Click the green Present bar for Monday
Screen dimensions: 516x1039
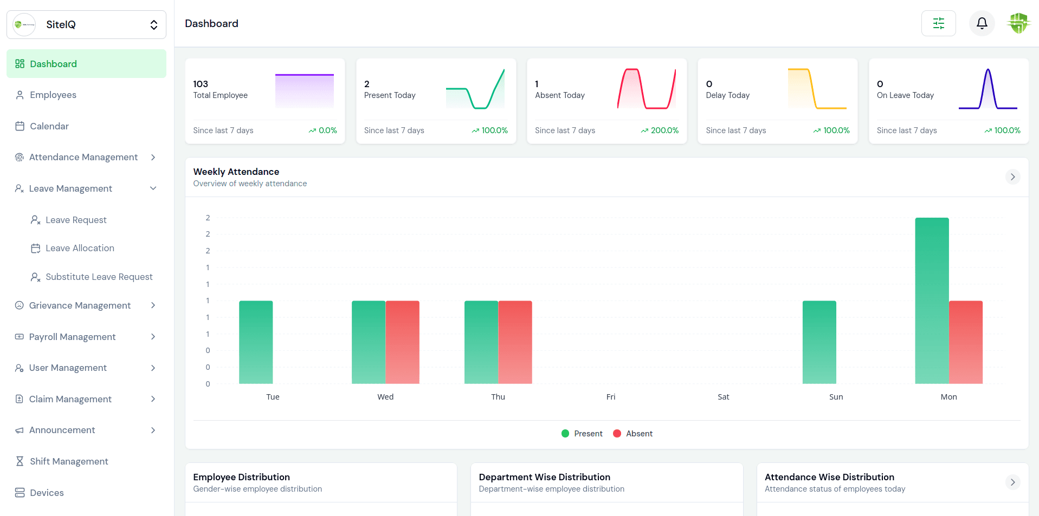pyautogui.click(x=932, y=301)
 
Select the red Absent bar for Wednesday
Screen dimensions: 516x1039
pyautogui.click(x=402, y=342)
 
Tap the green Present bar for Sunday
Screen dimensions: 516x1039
pyautogui.click(x=819, y=342)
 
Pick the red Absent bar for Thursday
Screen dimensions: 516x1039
pyautogui.click(x=515, y=342)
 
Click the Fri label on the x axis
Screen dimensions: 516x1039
pyautogui.click(x=611, y=397)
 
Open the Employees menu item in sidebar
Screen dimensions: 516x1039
pyautogui.click(x=53, y=95)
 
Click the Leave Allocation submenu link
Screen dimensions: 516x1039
pyautogui.click(x=80, y=249)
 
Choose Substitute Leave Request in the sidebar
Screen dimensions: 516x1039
pyautogui.click(x=99, y=277)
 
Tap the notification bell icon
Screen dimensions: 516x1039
pyautogui.click(x=982, y=23)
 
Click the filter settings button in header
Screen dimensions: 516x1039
pyautogui.click(x=938, y=23)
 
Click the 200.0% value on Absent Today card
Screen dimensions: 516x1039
pyautogui.click(x=664, y=130)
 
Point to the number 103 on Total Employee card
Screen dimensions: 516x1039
pyautogui.click(x=201, y=84)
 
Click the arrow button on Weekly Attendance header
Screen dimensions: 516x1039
pyautogui.click(x=1012, y=177)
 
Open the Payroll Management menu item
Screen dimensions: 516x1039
pyautogui.click(x=72, y=337)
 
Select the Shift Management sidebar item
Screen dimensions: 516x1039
pyautogui.click(x=69, y=461)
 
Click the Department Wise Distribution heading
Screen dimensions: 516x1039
pyautogui.click(x=544, y=477)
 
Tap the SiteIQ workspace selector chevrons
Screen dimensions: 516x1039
pyautogui.click(x=154, y=25)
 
